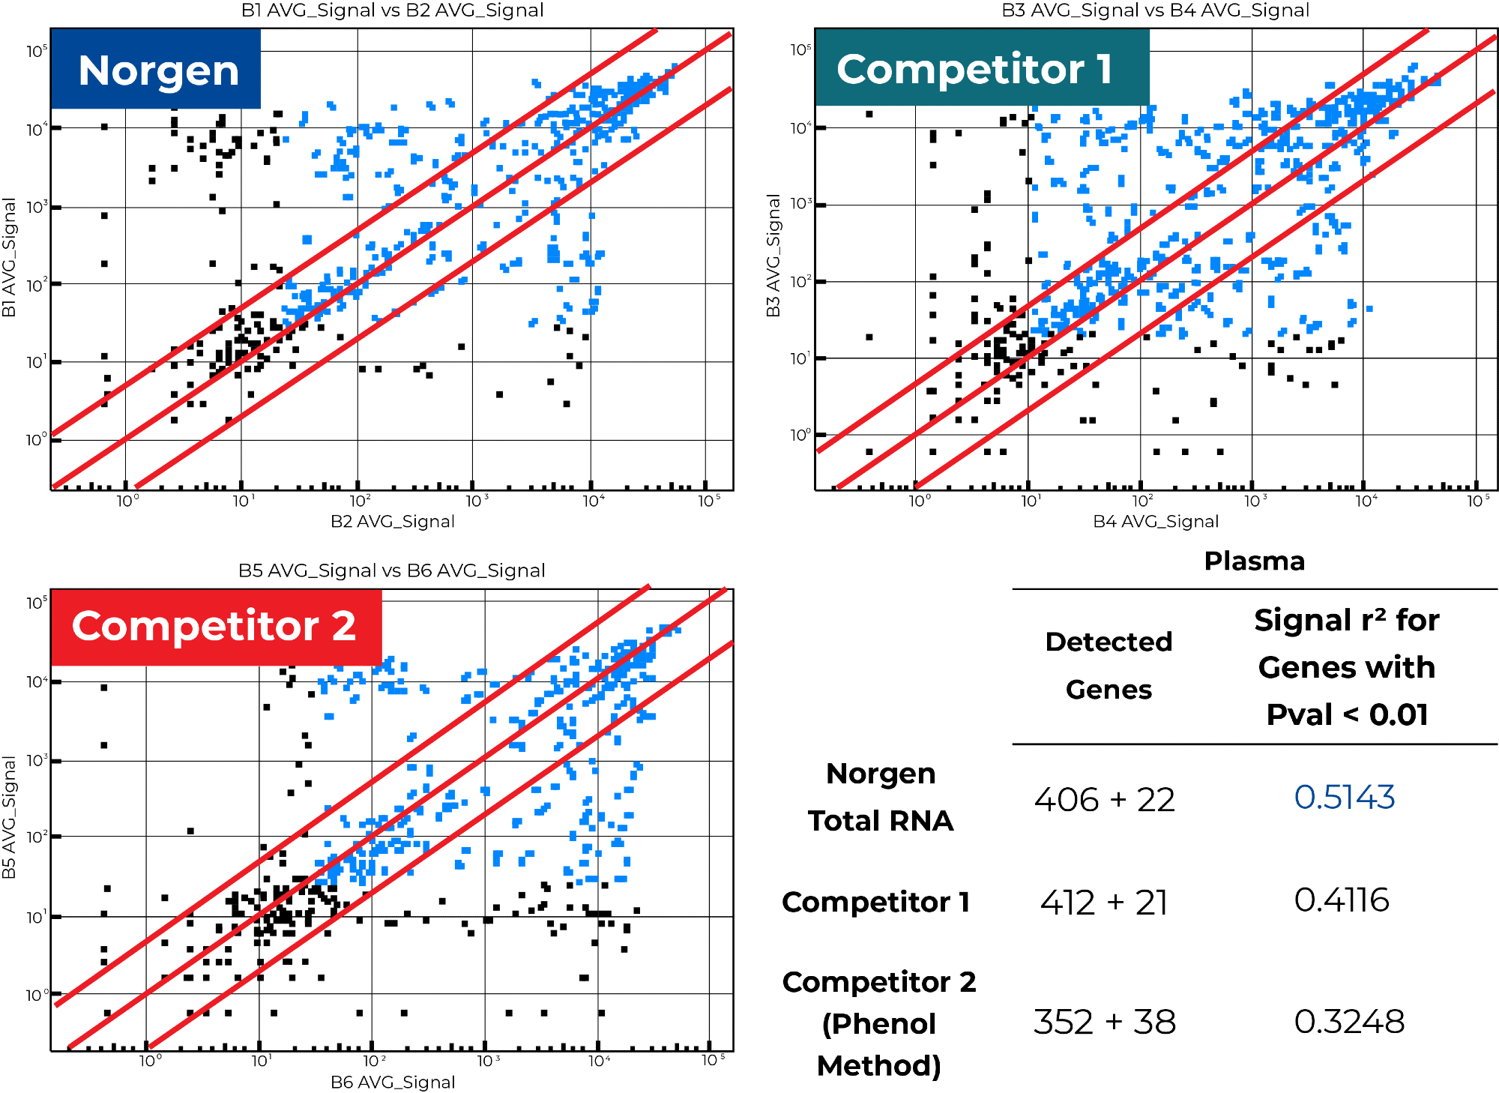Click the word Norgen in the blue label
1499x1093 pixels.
(x=158, y=71)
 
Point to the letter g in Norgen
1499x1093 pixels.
(x=173, y=73)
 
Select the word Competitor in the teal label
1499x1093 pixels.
(x=960, y=70)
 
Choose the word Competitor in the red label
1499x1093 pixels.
(x=196, y=627)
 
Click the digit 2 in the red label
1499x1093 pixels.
(x=344, y=626)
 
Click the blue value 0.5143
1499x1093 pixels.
(x=1344, y=797)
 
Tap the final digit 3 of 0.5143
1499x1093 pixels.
(x=1384, y=797)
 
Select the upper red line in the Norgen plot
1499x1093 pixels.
(x=225, y=319)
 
